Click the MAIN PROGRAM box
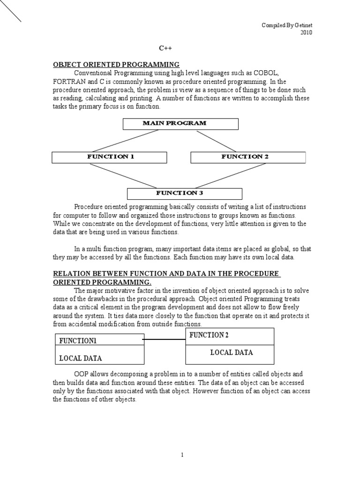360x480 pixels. point(180,124)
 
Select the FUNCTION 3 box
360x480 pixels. point(185,194)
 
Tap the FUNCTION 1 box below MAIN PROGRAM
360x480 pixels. point(109,157)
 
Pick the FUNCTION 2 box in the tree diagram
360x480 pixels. point(248,157)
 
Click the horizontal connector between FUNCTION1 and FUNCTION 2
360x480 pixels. point(165,339)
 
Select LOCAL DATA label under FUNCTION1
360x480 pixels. point(80,359)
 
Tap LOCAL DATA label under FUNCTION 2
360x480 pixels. point(231,352)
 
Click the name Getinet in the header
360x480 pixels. point(301,25)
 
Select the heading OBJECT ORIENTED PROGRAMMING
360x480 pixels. point(116,65)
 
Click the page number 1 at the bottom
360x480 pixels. point(183,455)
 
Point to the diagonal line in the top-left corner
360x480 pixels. point(10,11)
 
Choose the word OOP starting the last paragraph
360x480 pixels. point(82,375)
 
